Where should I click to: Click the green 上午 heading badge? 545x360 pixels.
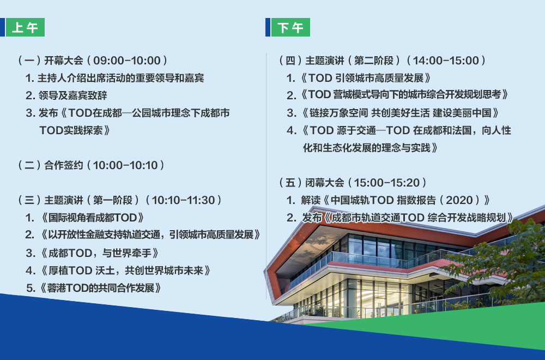coord(26,27)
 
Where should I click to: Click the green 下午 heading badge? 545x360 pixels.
coord(290,27)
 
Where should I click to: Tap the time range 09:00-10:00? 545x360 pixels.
coord(127,61)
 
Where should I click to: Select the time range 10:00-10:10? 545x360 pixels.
coord(125,165)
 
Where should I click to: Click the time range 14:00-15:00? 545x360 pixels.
coord(446,61)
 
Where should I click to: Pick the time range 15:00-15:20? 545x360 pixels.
coord(387,183)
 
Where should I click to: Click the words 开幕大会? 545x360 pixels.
coord(64,61)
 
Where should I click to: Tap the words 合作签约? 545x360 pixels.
coord(64,165)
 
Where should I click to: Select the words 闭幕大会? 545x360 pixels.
coord(325,183)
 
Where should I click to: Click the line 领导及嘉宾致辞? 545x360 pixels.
coord(72,95)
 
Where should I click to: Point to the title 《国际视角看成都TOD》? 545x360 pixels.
coord(92,218)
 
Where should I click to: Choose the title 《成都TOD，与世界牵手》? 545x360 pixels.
coord(99,253)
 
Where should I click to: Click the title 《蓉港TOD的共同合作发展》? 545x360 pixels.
coord(100,288)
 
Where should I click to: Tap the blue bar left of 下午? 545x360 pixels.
coord(268,27)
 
